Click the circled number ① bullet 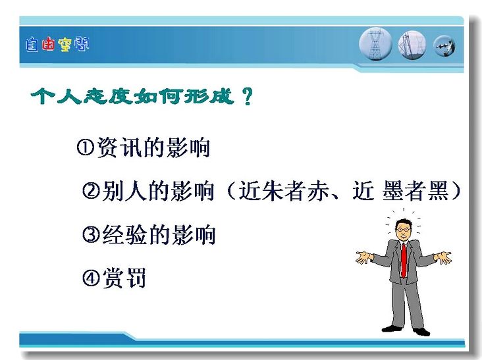click(85, 147)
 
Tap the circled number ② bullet click(91, 191)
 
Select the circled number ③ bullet click(91, 234)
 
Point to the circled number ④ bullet click(91, 277)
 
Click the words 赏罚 click(124, 278)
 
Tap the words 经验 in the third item click(124, 234)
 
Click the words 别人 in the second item click(124, 191)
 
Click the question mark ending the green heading click(247, 97)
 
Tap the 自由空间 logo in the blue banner click(57, 45)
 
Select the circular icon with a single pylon click(375, 44)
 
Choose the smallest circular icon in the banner click(444, 46)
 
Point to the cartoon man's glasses click(403, 230)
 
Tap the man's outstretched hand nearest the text click(363, 257)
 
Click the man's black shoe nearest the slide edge click(421, 332)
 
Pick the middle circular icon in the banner click(412, 45)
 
